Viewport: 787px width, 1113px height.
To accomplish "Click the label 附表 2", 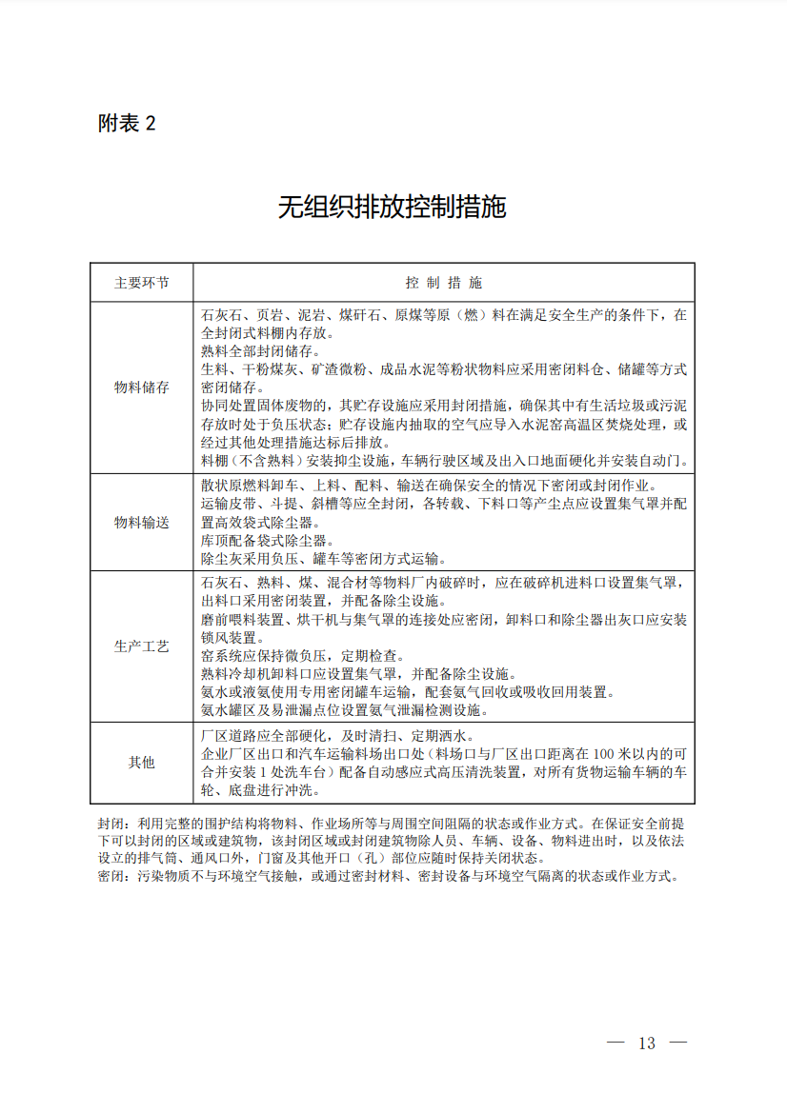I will (x=127, y=123).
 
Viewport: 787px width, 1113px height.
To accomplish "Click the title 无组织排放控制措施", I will (x=392, y=207).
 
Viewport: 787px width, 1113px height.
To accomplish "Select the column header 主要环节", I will (x=142, y=283).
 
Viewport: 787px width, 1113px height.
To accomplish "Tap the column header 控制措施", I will (x=443, y=283).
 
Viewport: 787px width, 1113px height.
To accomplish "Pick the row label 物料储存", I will (x=142, y=388).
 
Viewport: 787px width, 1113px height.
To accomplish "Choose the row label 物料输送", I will (x=142, y=523).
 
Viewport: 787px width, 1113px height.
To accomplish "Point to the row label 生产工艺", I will (x=142, y=646).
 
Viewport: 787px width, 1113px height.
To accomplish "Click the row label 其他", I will (x=142, y=763).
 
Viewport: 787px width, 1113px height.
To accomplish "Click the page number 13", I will (x=647, y=1043).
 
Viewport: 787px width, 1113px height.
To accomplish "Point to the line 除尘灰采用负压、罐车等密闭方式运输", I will (x=323, y=559).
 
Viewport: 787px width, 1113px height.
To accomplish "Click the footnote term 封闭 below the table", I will (x=111, y=823).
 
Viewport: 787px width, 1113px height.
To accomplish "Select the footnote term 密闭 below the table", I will (x=111, y=876).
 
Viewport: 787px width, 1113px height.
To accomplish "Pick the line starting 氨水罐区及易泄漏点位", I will (x=345, y=709).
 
